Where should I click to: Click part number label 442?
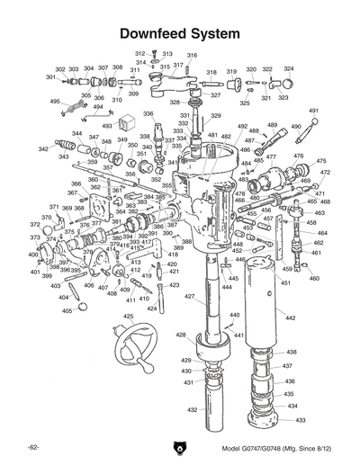pyautogui.click(x=290, y=318)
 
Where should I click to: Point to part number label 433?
pyautogui.click(x=301, y=420)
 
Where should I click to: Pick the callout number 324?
pyautogui.click(x=289, y=69)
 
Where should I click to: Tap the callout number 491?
pyautogui.click(x=314, y=111)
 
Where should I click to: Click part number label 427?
pyautogui.click(x=190, y=297)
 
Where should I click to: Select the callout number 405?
pyautogui.click(x=67, y=311)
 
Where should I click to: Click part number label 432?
pyautogui.click(x=193, y=409)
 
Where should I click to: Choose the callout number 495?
pyautogui.click(x=55, y=102)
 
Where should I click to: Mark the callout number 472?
pyautogui.click(x=325, y=172)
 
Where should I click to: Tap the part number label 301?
pyautogui.click(x=51, y=77)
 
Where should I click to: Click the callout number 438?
pyautogui.click(x=291, y=352)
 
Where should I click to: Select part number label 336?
pyautogui.click(x=148, y=114)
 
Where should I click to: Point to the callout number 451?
pyautogui.click(x=284, y=283)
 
